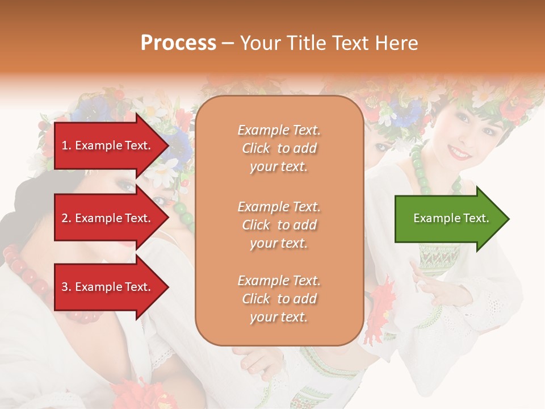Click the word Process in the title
(178, 43)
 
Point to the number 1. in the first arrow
(66, 145)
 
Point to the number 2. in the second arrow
(66, 218)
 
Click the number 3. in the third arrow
(66, 287)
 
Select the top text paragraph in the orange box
(279, 148)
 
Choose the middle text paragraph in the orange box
(279, 225)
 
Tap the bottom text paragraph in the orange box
(279, 299)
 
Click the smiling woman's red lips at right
(459, 152)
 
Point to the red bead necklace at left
(26, 273)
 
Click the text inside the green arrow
(451, 218)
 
